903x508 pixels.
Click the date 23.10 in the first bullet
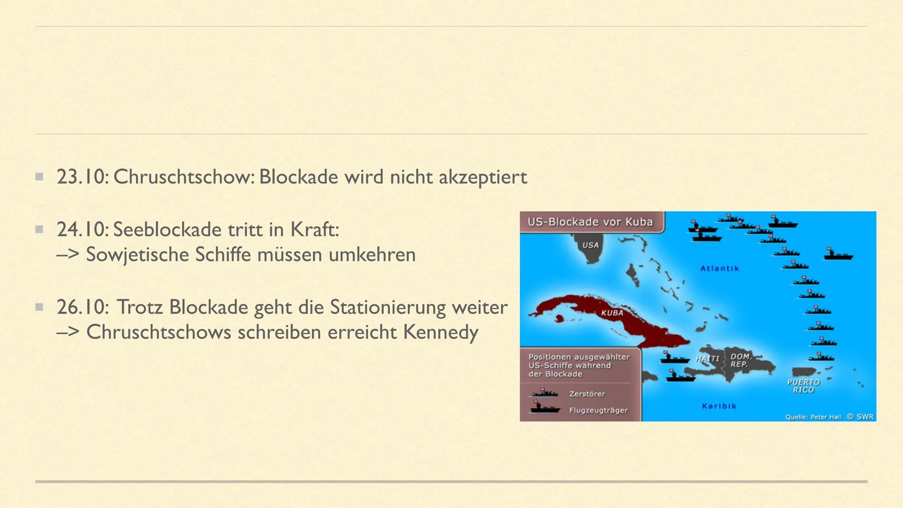click(x=81, y=177)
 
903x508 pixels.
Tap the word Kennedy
click(x=441, y=333)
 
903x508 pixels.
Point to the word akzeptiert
click(x=483, y=177)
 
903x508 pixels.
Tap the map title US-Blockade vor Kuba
click(x=590, y=222)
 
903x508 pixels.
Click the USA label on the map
click(x=591, y=245)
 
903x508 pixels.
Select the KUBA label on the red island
click(x=612, y=313)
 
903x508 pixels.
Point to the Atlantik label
click(x=720, y=269)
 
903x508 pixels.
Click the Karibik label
click(x=719, y=406)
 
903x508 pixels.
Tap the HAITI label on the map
click(x=707, y=359)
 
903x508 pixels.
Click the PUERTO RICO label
click(x=803, y=386)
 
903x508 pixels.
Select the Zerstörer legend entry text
click(x=587, y=394)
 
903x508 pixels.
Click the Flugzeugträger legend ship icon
click(x=545, y=407)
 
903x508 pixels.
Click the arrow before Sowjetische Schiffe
click(x=68, y=255)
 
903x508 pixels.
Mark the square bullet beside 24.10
click(x=40, y=230)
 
